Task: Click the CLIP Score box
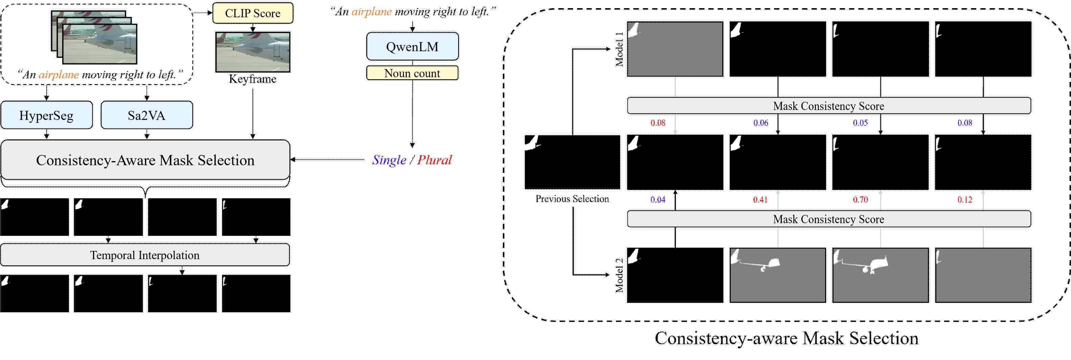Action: click(x=252, y=13)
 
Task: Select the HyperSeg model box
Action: click(x=47, y=115)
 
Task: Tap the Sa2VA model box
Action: click(x=146, y=115)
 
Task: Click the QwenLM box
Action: click(x=412, y=47)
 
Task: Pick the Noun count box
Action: click(x=412, y=73)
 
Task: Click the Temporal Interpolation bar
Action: click(x=145, y=255)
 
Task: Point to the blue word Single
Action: click(x=389, y=160)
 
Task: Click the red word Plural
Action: click(x=434, y=160)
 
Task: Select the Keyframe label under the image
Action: click(x=252, y=79)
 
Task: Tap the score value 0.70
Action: click(x=860, y=200)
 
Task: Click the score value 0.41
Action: click(x=760, y=200)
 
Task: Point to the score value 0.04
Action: click(x=658, y=200)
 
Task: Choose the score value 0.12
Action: click(x=964, y=200)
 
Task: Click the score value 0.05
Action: click(x=860, y=122)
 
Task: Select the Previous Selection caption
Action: click(x=572, y=199)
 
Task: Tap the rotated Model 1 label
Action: click(x=619, y=49)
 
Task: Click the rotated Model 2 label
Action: click(x=619, y=275)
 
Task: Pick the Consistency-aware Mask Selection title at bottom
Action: click(x=787, y=338)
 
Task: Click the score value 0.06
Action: click(x=760, y=122)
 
